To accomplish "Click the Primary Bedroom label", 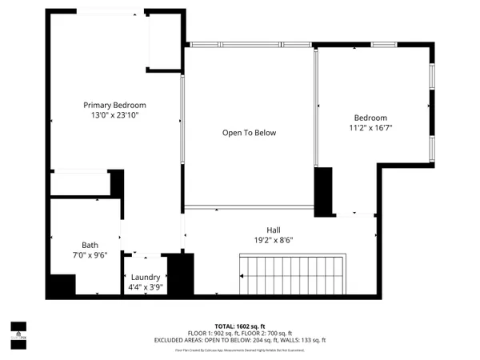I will (116, 105).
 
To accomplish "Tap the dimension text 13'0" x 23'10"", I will (116, 116).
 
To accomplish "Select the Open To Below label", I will (249, 133).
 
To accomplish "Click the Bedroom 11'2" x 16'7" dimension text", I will (370, 127).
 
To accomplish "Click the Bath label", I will (90, 246).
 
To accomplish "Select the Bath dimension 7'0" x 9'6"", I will (90, 256).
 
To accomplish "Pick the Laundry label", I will (144, 277).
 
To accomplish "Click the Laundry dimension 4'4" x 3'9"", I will (144, 287).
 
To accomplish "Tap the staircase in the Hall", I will (293, 274).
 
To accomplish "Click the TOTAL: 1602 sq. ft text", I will (240, 326).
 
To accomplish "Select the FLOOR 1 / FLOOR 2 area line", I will (240, 334).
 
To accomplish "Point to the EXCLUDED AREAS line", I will (240, 341).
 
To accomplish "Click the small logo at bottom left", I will (18, 328).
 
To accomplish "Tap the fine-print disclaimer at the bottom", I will (240, 350).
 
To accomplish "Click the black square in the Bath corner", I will (62, 286).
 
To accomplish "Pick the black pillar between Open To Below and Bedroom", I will (323, 192).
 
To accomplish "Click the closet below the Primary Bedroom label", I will (80, 184).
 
